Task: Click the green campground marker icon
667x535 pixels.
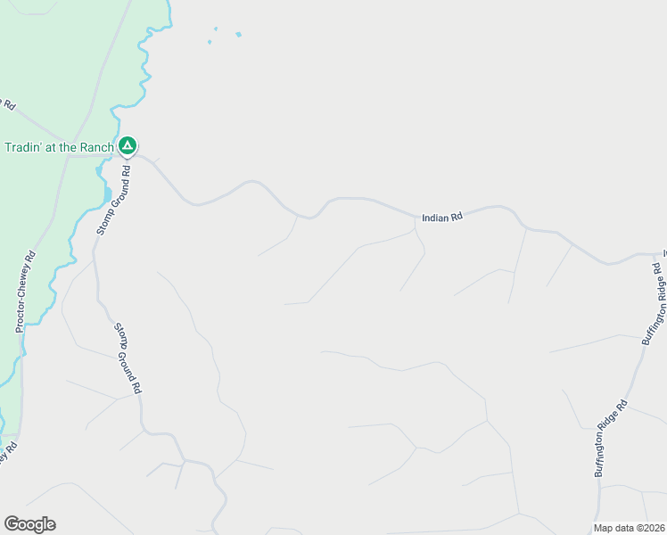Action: pos(128,145)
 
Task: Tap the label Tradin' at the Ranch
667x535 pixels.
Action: pos(60,147)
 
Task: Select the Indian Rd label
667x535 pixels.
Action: pos(442,217)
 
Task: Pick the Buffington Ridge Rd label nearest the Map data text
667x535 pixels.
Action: pos(612,438)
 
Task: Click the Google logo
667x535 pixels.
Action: pos(29,524)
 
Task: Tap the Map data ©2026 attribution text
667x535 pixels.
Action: pos(630,528)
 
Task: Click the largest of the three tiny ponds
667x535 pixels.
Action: pos(238,35)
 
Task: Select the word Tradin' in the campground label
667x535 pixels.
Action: pos(24,147)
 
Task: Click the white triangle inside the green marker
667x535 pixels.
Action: pos(128,144)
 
